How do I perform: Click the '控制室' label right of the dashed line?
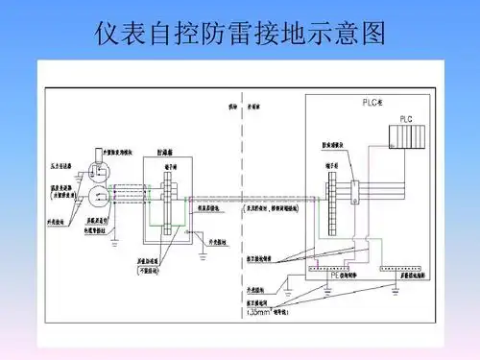pyautogui.click(x=254, y=108)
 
